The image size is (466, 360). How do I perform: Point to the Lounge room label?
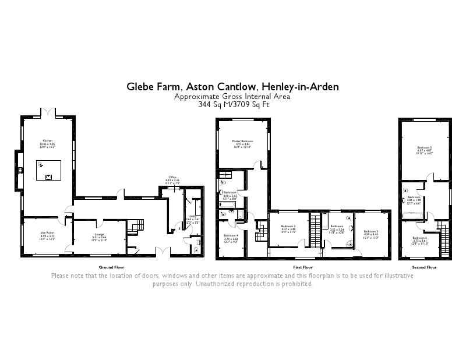click(98, 236)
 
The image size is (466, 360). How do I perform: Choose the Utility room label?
click(192, 217)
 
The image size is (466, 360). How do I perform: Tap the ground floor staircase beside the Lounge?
click(137, 224)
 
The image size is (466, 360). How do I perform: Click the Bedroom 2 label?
click(288, 228)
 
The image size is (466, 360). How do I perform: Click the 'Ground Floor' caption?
click(112, 267)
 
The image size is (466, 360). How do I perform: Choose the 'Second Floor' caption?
click(424, 267)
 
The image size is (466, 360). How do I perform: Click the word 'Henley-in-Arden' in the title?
click(301, 87)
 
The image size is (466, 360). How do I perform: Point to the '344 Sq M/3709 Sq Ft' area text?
click(233, 104)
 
